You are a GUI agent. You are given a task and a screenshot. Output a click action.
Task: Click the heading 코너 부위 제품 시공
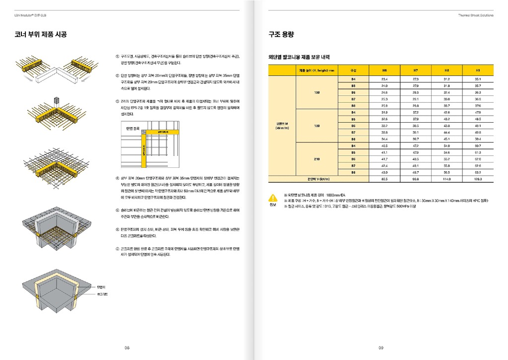tap(41, 35)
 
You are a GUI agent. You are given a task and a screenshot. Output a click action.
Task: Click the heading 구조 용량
tap(281, 35)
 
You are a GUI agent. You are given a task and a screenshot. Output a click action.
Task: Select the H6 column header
tap(384, 70)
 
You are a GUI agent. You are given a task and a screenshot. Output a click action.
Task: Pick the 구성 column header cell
tap(353, 70)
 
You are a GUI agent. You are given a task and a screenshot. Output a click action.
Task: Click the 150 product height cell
tap(317, 92)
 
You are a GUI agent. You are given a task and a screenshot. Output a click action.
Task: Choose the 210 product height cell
tap(317, 159)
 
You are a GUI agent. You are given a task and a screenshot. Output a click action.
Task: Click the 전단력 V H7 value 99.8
tap(416, 179)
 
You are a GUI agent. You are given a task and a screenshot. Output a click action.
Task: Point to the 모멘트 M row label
tap(282, 125)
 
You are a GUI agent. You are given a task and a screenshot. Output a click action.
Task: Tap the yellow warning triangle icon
tap(273, 197)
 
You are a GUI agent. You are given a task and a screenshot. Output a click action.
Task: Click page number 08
tap(127, 348)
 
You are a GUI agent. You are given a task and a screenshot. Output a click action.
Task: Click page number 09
tap(381, 348)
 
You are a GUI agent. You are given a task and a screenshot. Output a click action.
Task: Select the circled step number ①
tap(117, 57)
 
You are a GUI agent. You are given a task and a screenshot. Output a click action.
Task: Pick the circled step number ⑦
tap(117, 248)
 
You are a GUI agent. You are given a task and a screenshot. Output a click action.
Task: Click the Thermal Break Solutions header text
tap(475, 15)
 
